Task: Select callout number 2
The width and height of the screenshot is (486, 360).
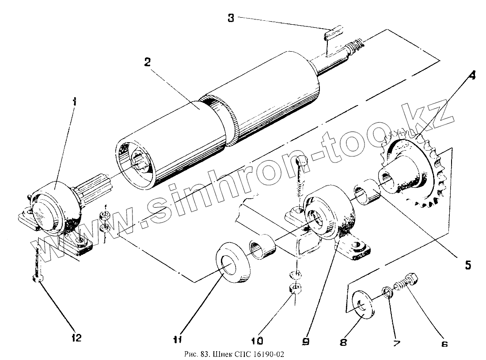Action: (148, 61)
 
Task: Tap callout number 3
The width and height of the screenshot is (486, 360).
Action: (231, 18)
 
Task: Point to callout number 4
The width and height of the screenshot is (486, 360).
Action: (472, 75)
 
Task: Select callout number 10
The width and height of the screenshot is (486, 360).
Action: (257, 341)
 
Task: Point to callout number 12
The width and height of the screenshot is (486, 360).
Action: (76, 338)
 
